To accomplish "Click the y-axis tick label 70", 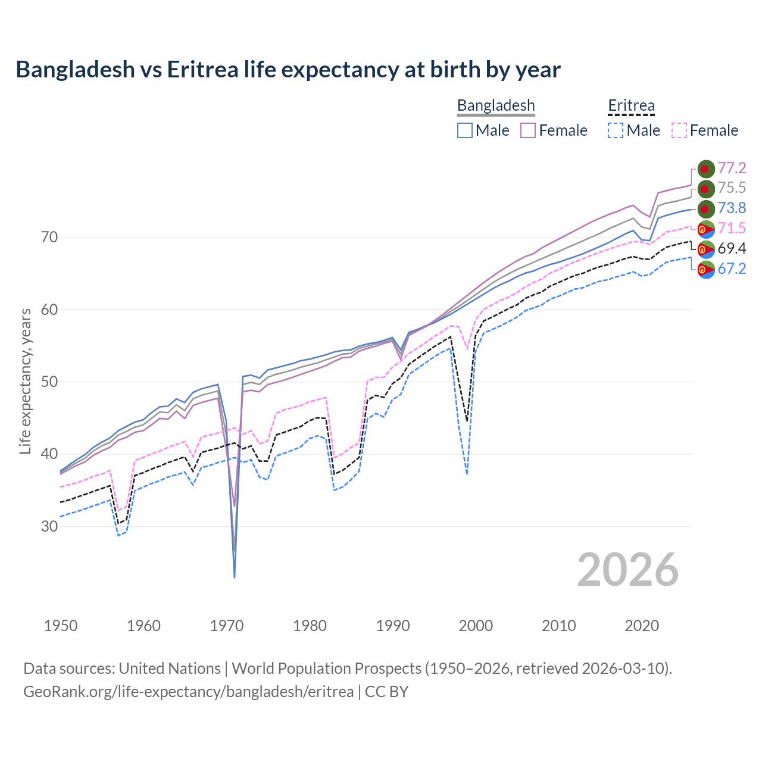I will [50, 238].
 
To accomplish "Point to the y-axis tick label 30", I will [50, 527].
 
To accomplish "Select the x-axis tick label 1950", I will [61, 626].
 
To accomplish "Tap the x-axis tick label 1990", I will [393, 626].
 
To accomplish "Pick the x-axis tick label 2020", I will [642, 626].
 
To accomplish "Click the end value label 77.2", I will [732, 168].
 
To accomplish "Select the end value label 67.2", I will [732, 268].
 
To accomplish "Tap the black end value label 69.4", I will [732, 248].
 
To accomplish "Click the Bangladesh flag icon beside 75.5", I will [706, 189].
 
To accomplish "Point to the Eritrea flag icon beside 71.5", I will [706, 229].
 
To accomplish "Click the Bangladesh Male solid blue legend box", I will [465, 130].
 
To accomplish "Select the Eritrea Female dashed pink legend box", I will [679, 130].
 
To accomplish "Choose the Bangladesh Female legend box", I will [528, 130].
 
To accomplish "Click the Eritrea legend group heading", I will [631, 106].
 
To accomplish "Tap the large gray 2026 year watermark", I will [628, 570].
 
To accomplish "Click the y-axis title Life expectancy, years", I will [25, 381].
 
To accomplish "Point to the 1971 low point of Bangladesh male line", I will [235, 577].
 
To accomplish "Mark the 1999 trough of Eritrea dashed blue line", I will [467, 473].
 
